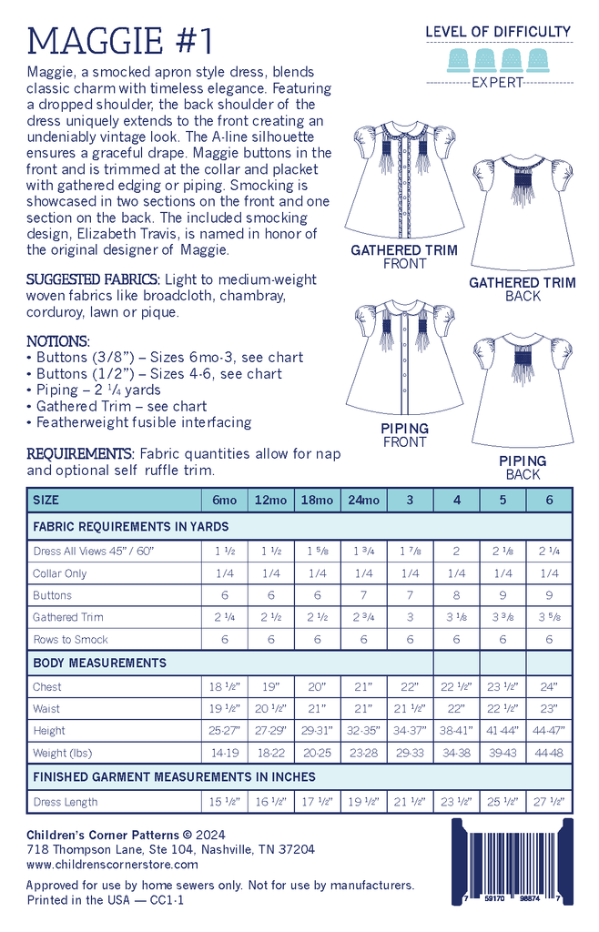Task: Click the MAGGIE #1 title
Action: pyautogui.click(x=122, y=40)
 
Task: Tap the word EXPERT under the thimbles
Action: pyautogui.click(x=498, y=83)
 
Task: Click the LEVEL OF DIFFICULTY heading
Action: pyautogui.click(x=498, y=32)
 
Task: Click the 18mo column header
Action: pyautogui.click(x=318, y=501)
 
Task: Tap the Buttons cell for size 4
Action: pyautogui.click(x=457, y=595)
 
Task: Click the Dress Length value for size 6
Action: pyautogui.click(x=549, y=802)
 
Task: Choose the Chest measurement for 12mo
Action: pyautogui.click(x=271, y=686)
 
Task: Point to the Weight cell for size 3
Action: pyautogui.click(x=411, y=753)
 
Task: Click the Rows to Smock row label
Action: pyautogui.click(x=71, y=639)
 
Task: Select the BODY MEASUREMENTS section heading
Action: pyautogui.click(x=99, y=663)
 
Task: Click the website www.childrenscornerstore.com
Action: pyautogui.click(x=112, y=865)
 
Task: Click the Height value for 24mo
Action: pyautogui.click(x=364, y=731)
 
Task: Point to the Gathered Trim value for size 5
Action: pyautogui.click(x=503, y=617)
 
